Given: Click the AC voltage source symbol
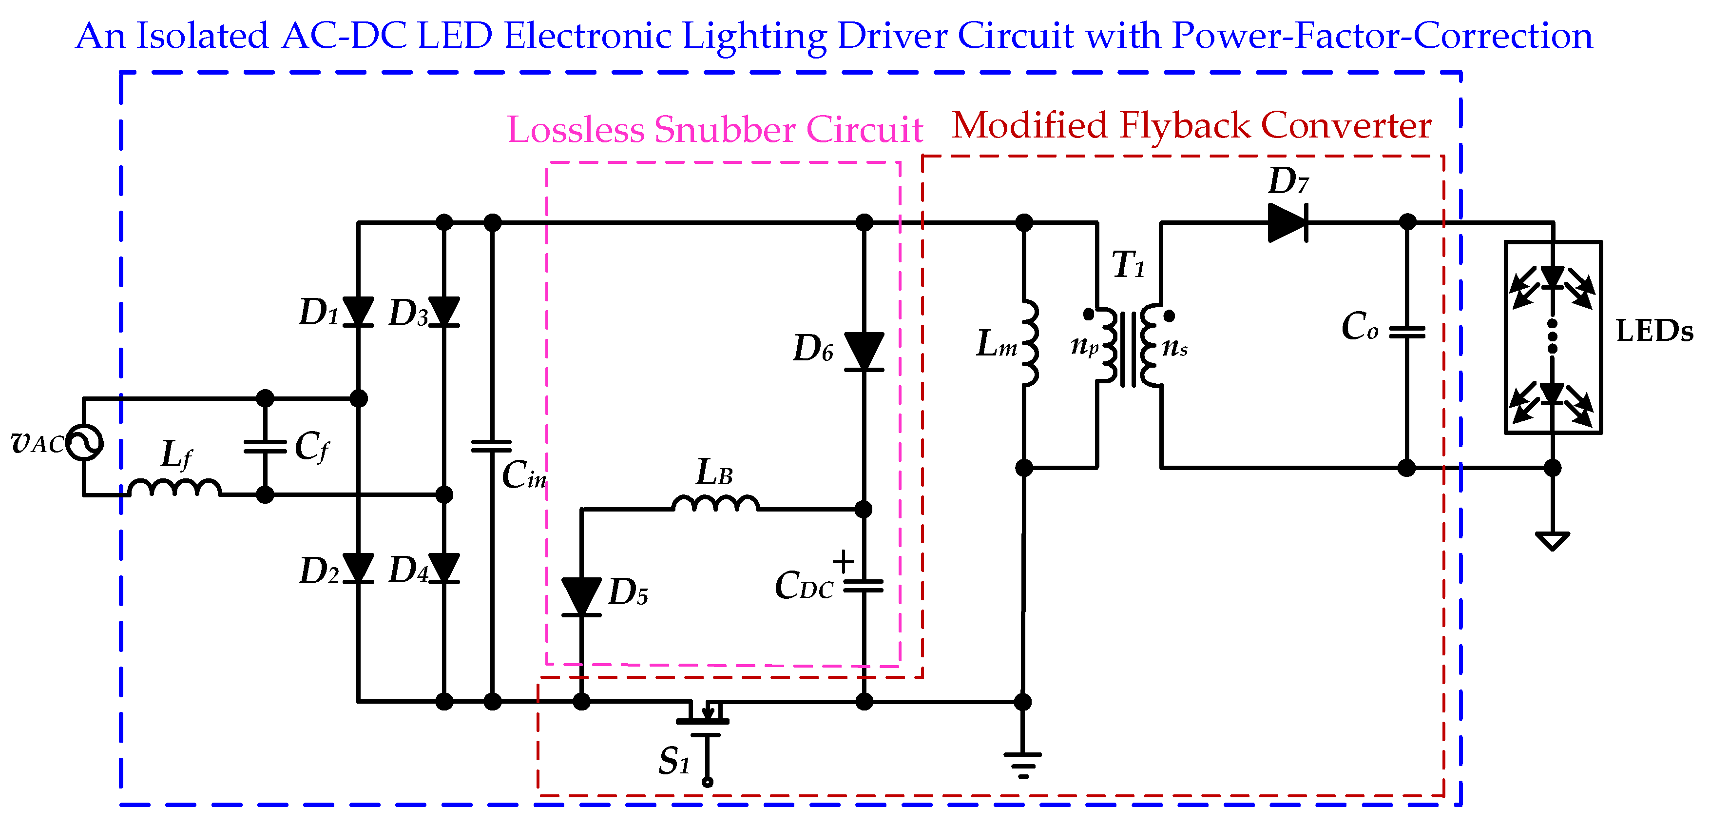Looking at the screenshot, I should click(x=84, y=442).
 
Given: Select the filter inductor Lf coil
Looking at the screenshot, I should click(x=174, y=488).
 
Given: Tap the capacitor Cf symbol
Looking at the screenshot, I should click(x=265, y=446).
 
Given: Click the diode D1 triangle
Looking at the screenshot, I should click(x=359, y=312).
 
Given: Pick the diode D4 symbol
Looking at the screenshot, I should click(x=444, y=569).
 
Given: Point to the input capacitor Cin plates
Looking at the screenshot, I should click(x=492, y=446).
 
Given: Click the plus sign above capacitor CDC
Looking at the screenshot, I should click(x=843, y=561).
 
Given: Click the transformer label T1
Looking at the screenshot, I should click(x=1128, y=265).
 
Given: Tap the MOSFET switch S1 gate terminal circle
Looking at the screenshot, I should click(x=708, y=782).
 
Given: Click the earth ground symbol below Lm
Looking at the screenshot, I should click(x=1023, y=764).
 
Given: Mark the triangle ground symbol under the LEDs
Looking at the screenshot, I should click(x=1552, y=540).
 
